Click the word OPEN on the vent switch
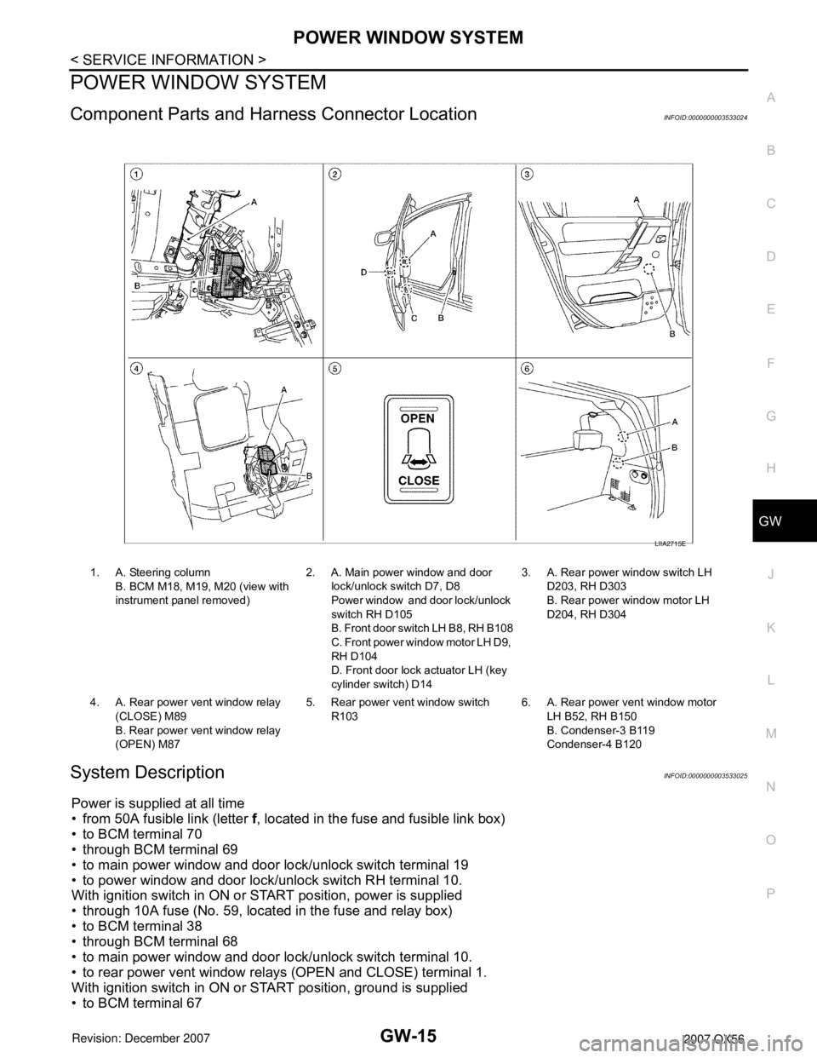pos(418,419)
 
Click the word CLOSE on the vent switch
pos(418,480)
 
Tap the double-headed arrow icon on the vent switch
pos(418,459)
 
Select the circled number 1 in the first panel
pos(136,174)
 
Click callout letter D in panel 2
pos(363,273)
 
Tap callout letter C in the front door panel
pos(414,319)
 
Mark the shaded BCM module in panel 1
pos(229,273)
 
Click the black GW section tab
pos(785,520)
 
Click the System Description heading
pos(147,772)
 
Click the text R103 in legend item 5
pos(345,716)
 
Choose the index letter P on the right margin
pos(771,893)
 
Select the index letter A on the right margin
pos(771,97)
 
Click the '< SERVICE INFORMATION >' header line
pos(169,60)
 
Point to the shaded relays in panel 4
pos(266,460)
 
